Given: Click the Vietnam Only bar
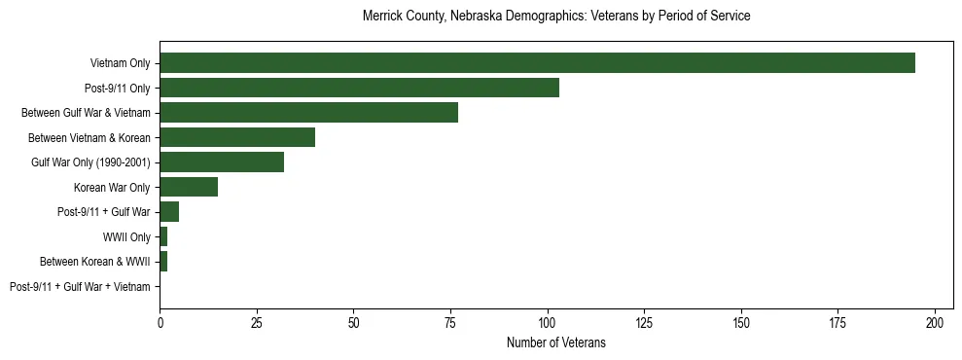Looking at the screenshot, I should point(537,63).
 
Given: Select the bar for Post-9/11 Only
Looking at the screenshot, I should point(359,88).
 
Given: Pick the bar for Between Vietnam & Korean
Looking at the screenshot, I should point(237,137).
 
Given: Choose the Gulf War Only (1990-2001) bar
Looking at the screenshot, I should point(222,162).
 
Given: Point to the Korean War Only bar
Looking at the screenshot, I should point(189,187).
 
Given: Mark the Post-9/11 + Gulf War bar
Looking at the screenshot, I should point(169,211).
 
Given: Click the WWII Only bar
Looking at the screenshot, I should point(163,236).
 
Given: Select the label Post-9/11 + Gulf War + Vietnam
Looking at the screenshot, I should point(80,286).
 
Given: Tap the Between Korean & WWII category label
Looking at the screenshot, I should point(94,262).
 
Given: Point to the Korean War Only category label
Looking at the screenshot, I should point(111,187).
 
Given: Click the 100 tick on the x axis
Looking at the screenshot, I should point(548,321).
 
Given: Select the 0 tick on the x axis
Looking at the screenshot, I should point(160,321).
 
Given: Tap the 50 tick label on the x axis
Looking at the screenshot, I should point(353,321).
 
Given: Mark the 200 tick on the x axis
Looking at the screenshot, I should point(935,321).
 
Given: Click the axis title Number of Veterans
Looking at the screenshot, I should point(555,342).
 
